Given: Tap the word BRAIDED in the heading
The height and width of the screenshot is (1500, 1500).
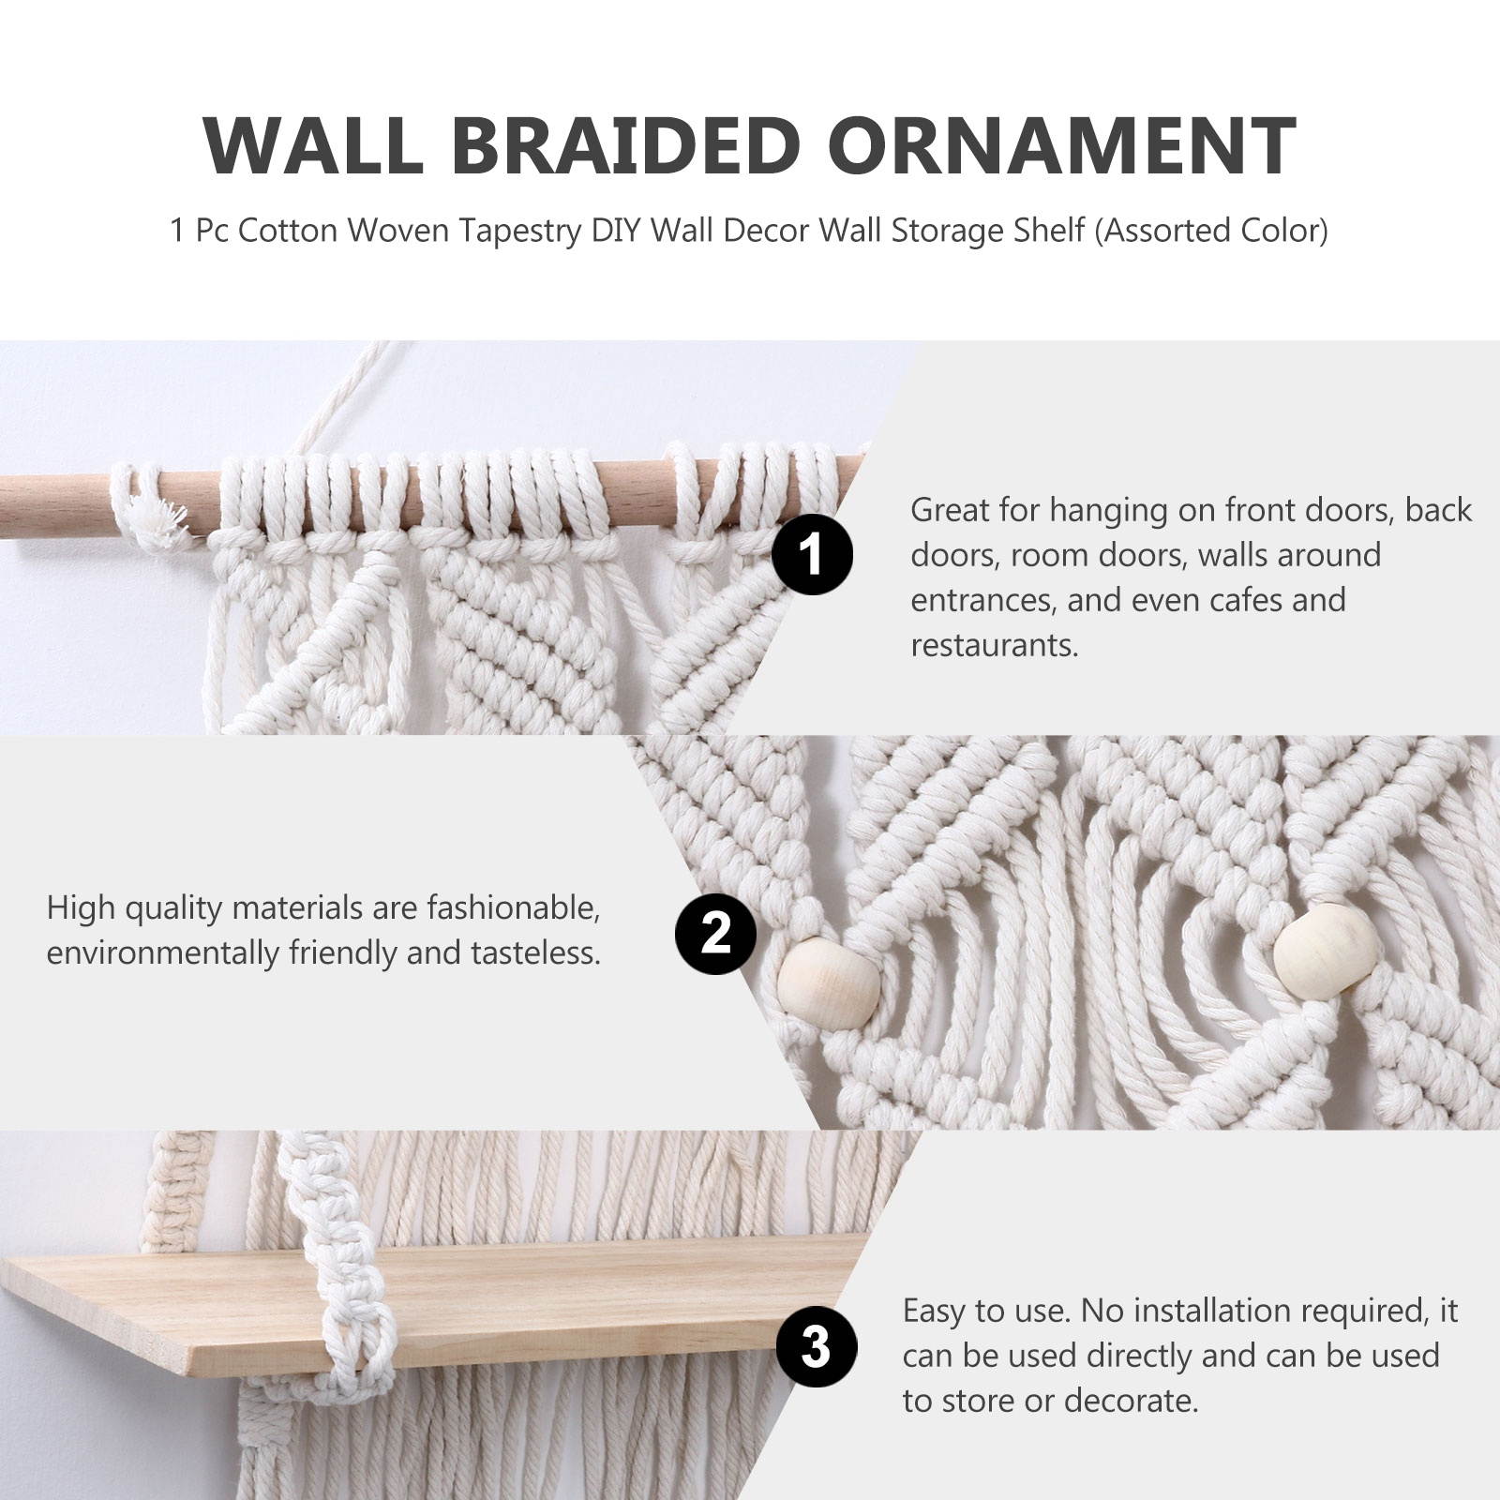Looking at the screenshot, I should (x=625, y=146).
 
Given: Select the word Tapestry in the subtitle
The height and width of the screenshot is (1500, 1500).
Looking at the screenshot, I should (x=519, y=231).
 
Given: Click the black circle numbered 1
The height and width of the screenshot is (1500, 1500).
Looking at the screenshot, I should (x=812, y=554).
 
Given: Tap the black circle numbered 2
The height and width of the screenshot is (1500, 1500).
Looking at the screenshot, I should (x=715, y=934).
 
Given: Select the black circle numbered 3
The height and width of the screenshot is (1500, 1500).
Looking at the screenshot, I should (x=816, y=1348).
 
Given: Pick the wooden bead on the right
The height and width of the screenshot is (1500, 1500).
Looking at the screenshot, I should (x=1326, y=948).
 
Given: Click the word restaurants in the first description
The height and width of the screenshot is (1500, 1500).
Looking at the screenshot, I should (x=993, y=645).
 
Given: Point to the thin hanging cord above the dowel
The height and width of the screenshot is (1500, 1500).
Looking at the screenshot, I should (x=347, y=394).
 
